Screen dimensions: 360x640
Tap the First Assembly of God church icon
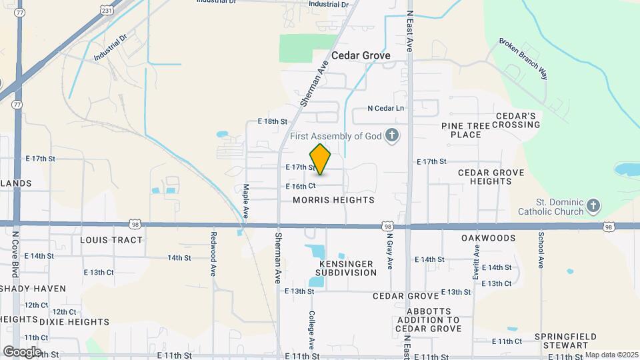(x=393, y=136)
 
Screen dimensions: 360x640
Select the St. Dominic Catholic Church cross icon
(x=594, y=207)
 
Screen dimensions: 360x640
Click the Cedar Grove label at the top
(x=361, y=56)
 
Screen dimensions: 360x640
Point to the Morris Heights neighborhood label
(x=333, y=200)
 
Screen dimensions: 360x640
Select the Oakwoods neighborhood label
(x=488, y=238)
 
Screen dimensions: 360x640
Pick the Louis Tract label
(x=111, y=239)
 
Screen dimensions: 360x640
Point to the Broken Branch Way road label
(x=523, y=59)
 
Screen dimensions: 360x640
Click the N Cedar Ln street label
(x=386, y=108)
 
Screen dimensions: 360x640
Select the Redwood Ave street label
(x=214, y=245)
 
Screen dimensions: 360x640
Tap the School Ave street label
(x=541, y=245)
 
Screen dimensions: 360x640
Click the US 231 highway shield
(x=107, y=10)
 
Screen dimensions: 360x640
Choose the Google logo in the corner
(x=21, y=351)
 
